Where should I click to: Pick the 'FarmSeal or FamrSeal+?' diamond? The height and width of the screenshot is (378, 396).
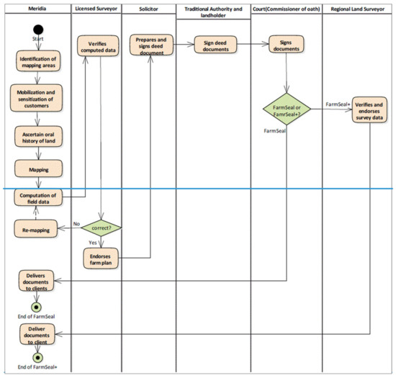287,112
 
